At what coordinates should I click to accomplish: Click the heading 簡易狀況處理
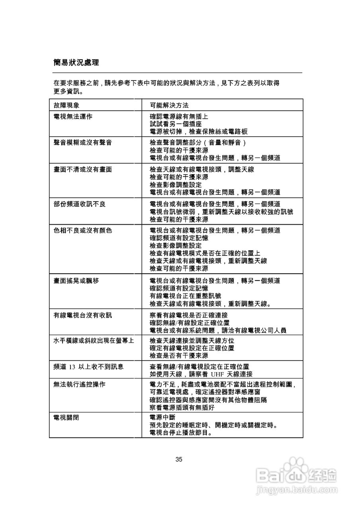(x=76, y=63)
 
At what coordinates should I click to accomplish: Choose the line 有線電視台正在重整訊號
(x=186, y=296)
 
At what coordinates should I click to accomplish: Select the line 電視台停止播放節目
(x=182, y=432)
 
